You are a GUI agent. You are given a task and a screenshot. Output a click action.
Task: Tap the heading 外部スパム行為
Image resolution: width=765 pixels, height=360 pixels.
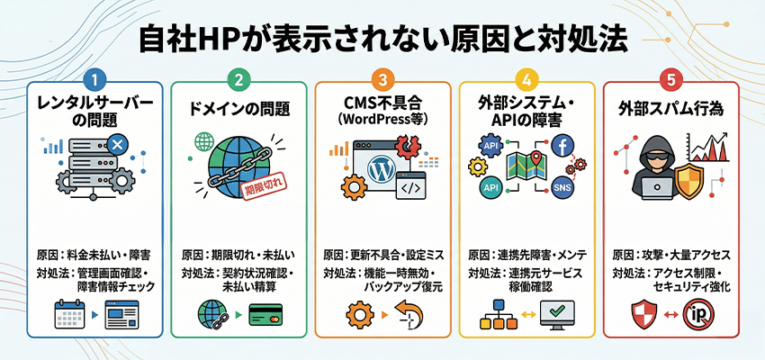coord(670,110)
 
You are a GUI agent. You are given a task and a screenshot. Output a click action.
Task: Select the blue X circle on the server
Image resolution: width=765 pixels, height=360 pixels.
coord(117,142)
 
